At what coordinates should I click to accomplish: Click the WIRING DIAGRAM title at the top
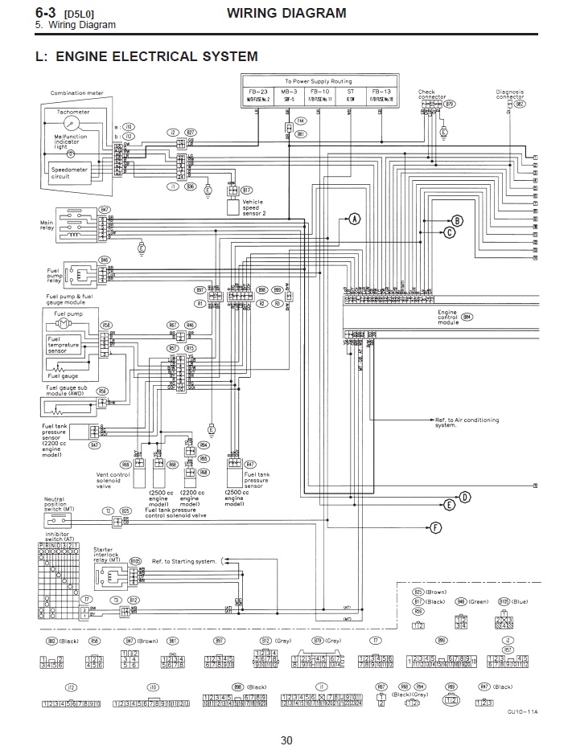point(286,13)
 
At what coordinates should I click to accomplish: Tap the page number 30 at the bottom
point(286,740)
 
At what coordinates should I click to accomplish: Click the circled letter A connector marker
point(355,218)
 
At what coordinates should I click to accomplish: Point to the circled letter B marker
point(457,220)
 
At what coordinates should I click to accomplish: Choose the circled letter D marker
point(463,498)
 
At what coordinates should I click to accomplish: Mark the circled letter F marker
point(436,527)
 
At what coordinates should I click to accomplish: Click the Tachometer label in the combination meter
point(73,111)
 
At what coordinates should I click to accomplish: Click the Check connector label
point(431,95)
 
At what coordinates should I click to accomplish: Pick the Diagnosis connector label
point(510,95)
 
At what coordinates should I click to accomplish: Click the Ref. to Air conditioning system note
point(467,422)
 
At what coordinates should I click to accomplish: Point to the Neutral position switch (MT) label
point(60,504)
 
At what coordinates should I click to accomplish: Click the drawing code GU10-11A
point(522,711)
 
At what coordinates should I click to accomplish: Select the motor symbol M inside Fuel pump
point(62,323)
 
